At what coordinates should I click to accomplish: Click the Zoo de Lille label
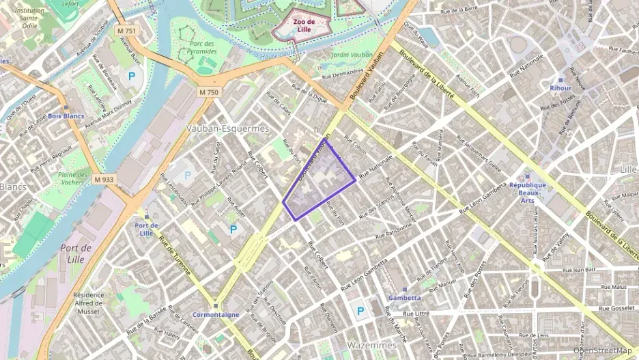click(x=304, y=25)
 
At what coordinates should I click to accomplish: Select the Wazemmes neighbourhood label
click(x=371, y=345)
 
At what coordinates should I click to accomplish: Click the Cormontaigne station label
click(x=216, y=314)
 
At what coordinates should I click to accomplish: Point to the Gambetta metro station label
click(x=405, y=298)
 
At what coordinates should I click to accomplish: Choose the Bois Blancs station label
click(x=66, y=116)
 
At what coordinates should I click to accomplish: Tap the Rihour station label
click(x=560, y=88)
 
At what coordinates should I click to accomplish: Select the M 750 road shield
click(x=209, y=92)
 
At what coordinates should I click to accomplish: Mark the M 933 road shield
click(x=104, y=179)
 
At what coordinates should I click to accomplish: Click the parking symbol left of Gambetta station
click(x=359, y=311)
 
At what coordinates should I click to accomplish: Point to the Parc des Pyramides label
click(x=201, y=48)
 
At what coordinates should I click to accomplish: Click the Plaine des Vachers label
click(x=73, y=178)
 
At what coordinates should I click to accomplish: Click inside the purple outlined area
click(x=319, y=183)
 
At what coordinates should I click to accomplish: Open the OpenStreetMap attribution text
click(x=602, y=350)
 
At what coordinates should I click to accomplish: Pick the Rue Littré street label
click(x=416, y=314)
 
